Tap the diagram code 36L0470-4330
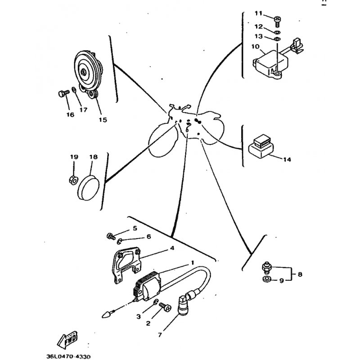coord(68,356)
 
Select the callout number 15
coord(103,120)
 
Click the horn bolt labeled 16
coord(63,94)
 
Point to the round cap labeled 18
coord(88,188)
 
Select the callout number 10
coord(255,47)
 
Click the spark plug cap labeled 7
coord(184,306)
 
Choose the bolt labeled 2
coord(165,306)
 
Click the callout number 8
coord(300,274)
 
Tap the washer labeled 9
coord(266,279)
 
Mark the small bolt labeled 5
coord(111,236)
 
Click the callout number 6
coord(149,237)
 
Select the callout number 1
coord(193,262)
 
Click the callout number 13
coord(258,36)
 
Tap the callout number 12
coord(258,27)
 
